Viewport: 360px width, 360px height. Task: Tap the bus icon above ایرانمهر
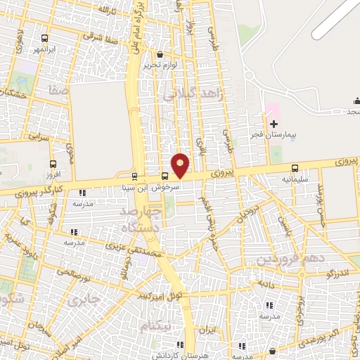pos(46,39)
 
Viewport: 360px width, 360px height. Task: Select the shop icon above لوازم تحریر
pos(160,54)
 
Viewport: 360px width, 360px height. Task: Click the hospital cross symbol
pos(274,124)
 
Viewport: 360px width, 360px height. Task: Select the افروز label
pos(54,174)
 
